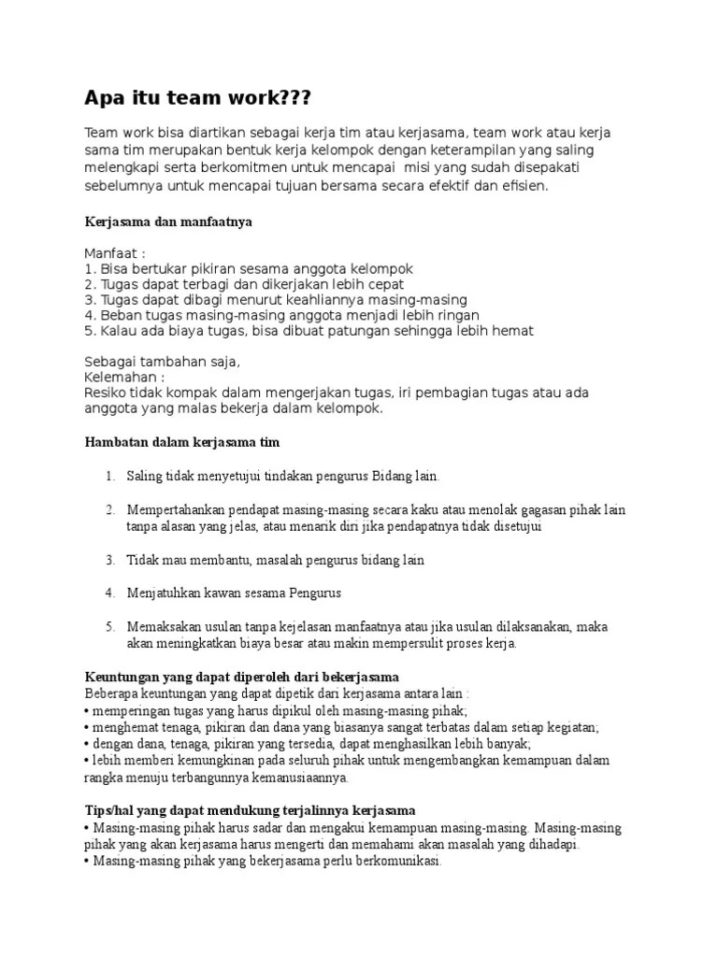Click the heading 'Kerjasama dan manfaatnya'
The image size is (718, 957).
point(168,222)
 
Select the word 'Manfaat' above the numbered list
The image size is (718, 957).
point(110,253)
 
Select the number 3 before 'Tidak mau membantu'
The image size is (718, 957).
point(108,560)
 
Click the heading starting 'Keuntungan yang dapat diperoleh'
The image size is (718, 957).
point(242,676)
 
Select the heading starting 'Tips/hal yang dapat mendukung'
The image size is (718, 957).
point(250,809)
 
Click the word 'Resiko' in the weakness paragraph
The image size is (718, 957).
point(106,393)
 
